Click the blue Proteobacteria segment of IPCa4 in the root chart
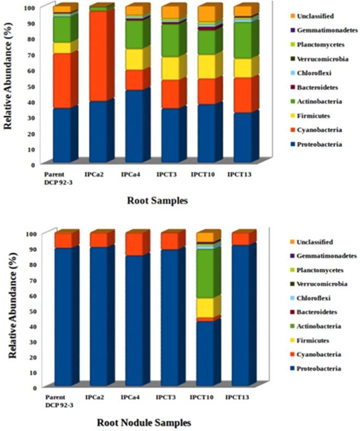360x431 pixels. pos(134,126)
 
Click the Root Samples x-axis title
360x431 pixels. pos(157,200)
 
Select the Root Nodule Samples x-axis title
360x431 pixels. pos(143,422)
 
